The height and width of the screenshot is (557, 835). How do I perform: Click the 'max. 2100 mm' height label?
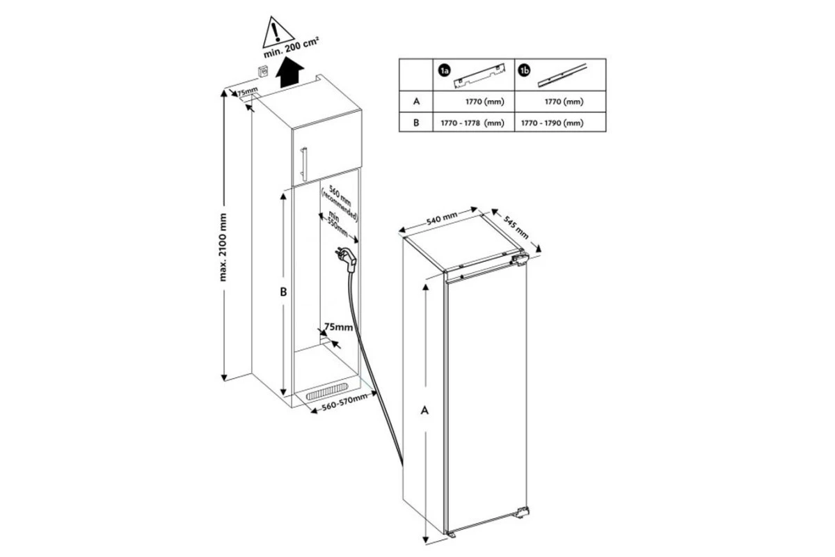[x=223, y=247]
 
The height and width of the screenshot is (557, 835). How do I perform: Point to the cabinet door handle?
[x=304, y=164]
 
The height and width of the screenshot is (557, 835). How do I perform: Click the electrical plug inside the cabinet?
[x=346, y=258]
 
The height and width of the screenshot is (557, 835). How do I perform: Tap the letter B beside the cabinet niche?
[x=283, y=292]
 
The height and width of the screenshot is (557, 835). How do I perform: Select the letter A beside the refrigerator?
[x=424, y=410]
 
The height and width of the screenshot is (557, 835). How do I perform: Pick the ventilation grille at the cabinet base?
[x=327, y=391]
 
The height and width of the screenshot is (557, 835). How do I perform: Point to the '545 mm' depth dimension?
[x=516, y=227]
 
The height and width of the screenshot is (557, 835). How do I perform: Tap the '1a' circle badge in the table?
[x=445, y=70]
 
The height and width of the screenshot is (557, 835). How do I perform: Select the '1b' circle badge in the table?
[x=524, y=70]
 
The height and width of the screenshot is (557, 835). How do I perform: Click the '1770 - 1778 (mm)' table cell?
[x=472, y=123]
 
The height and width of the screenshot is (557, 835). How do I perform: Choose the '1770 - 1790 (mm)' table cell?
[x=552, y=123]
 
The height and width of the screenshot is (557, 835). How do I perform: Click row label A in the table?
[x=416, y=101]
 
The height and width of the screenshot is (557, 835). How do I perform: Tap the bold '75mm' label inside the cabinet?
[x=338, y=327]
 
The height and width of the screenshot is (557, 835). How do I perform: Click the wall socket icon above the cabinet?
[x=263, y=71]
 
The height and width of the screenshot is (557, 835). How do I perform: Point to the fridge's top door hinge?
[x=520, y=260]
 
